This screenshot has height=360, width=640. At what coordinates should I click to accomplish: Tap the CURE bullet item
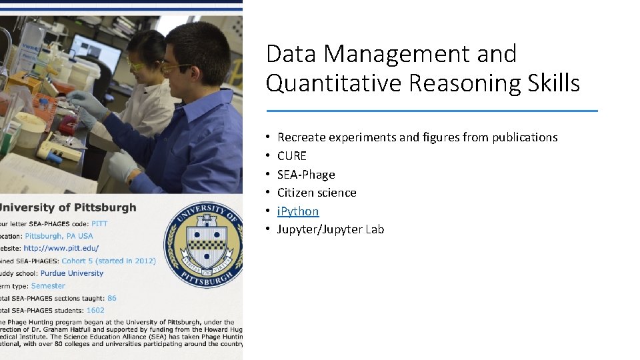292,156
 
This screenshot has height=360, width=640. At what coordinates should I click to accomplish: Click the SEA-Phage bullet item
306,175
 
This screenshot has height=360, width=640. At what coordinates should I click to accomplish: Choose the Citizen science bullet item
317,193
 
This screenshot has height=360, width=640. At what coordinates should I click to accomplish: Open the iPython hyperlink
298,211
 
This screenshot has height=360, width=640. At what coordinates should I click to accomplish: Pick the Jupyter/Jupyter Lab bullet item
331,229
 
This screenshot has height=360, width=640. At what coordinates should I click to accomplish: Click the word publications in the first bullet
525,137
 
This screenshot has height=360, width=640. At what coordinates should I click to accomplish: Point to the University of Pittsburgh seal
203,244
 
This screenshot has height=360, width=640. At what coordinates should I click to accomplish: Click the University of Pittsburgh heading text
68,207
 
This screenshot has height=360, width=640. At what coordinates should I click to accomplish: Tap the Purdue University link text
72,273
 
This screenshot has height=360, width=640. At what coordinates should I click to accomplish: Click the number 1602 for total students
95,311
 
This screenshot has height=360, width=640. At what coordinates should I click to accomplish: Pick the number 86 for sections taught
112,298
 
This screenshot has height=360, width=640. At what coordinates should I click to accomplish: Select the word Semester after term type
48,286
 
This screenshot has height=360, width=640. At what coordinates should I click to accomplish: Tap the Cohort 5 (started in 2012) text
109,261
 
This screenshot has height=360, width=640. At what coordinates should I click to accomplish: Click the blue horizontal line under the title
432,111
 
